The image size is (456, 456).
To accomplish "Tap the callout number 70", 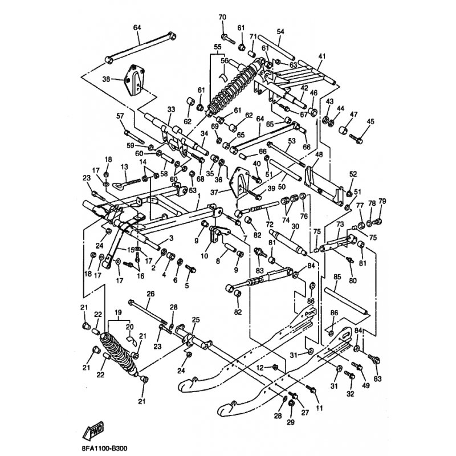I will tap(222, 17).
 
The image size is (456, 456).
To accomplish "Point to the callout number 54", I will tap(280, 31).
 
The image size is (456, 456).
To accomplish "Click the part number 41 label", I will tap(321, 56).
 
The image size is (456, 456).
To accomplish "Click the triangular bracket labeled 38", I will tap(133, 80).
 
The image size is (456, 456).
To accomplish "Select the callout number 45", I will tap(370, 121).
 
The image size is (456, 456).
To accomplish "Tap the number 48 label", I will tap(319, 155).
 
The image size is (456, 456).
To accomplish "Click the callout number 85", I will tap(337, 277).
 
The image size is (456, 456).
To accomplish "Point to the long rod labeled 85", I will tap(347, 301).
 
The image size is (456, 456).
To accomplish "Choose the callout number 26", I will tap(150, 294).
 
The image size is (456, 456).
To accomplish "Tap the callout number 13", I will tap(123, 166).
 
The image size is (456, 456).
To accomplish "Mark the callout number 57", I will tap(120, 116).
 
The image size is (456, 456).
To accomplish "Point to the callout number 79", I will tap(382, 202).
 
